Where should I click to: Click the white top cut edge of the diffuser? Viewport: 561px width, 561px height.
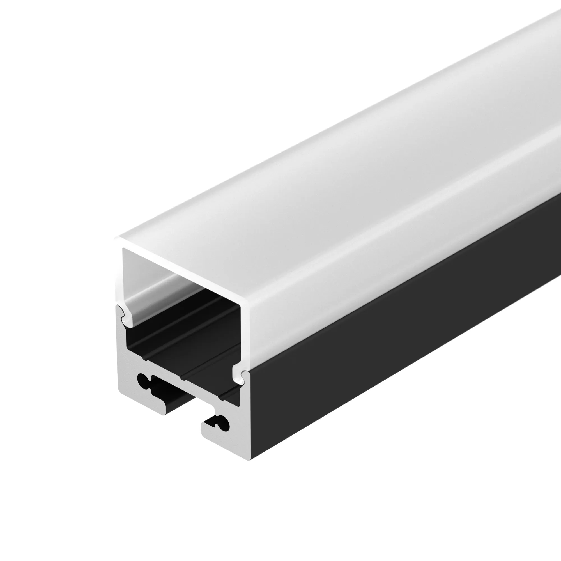tap(180, 270)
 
